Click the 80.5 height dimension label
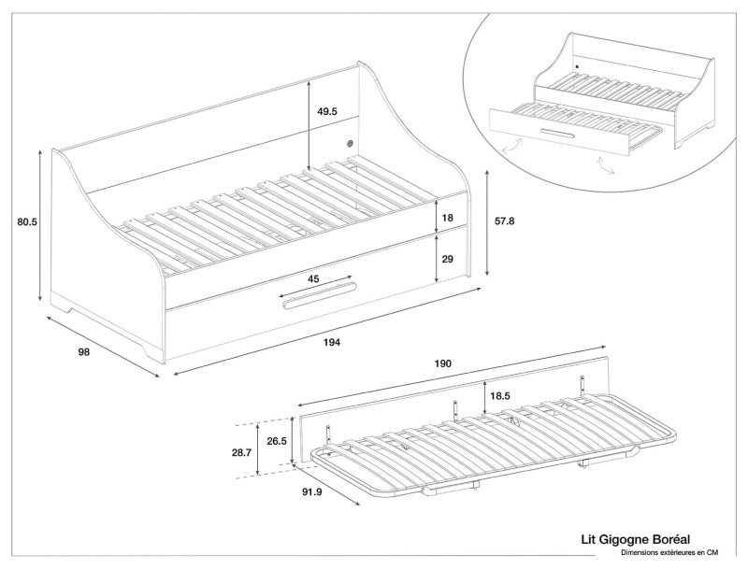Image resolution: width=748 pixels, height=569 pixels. pos(20,222)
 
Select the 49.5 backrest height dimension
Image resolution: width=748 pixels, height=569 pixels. pos(327,111)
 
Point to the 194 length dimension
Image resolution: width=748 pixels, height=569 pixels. pos(332,343)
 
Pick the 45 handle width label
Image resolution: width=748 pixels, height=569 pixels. pos(314,278)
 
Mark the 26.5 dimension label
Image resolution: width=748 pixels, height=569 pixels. pos(276,440)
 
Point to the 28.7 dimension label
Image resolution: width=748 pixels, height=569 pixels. pos(241,452)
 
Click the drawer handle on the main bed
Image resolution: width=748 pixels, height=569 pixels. pos(318,298)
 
